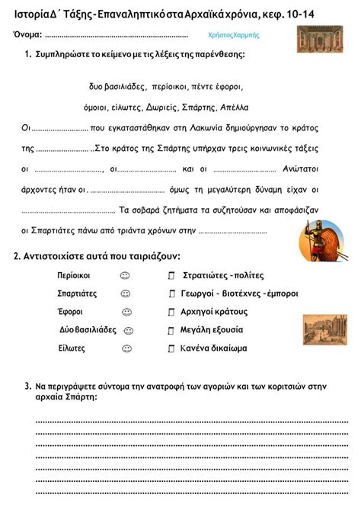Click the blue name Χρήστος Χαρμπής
233,35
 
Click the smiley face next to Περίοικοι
126,275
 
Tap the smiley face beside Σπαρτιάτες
126,293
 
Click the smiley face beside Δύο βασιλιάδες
129,330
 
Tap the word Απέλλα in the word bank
233,107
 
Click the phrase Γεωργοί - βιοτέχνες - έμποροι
239,293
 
